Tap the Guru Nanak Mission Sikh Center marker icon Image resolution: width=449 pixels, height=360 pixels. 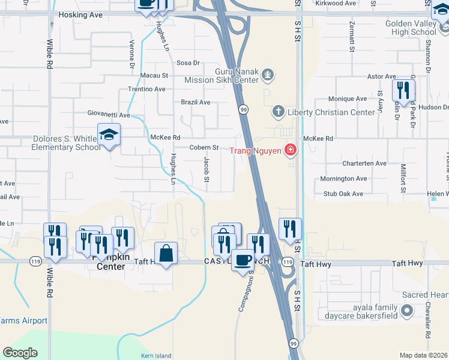pyautogui.click(x=268, y=75)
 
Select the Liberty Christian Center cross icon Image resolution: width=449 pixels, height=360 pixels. pyautogui.click(x=278, y=112)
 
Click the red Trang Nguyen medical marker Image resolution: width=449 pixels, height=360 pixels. pyautogui.click(x=291, y=149)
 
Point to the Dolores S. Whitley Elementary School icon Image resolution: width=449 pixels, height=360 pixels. pyautogui.click(x=109, y=135)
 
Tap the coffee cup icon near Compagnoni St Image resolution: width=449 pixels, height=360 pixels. pyautogui.click(x=243, y=260)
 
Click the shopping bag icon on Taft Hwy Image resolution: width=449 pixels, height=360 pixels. pyautogui.click(x=166, y=253)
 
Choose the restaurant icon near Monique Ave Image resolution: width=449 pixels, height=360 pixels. pyautogui.click(x=403, y=91)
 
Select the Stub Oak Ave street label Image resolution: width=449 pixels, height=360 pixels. pyautogui.click(x=343, y=194)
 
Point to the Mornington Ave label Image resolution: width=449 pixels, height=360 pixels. pyautogui.click(x=343, y=179)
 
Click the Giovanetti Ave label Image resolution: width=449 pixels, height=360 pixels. pyautogui.click(x=107, y=115)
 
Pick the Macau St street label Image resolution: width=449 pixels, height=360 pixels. pyautogui.click(x=154, y=76)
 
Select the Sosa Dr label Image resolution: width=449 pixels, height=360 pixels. pyautogui.click(x=187, y=62)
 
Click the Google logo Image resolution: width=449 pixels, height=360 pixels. pyautogui.click(x=20, y=353)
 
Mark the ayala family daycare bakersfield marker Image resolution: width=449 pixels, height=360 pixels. pyautogui.click(x=408, y=310)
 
